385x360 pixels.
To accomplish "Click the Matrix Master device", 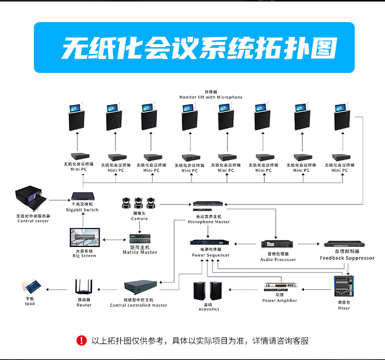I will tap(140, 239).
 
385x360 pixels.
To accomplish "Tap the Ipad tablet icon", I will tap(30, 287).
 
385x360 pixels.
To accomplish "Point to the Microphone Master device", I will tap(208, 205).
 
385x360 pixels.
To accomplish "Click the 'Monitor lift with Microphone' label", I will tap(210, 97).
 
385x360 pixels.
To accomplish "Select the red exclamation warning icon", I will tap(82, 340).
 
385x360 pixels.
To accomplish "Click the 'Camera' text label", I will tap(139, 219).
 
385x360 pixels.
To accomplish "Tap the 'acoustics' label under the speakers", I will tap(209, 309).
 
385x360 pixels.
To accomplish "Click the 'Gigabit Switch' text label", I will tap(82, 210).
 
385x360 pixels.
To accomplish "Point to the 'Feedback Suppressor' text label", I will tap(347, 258).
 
